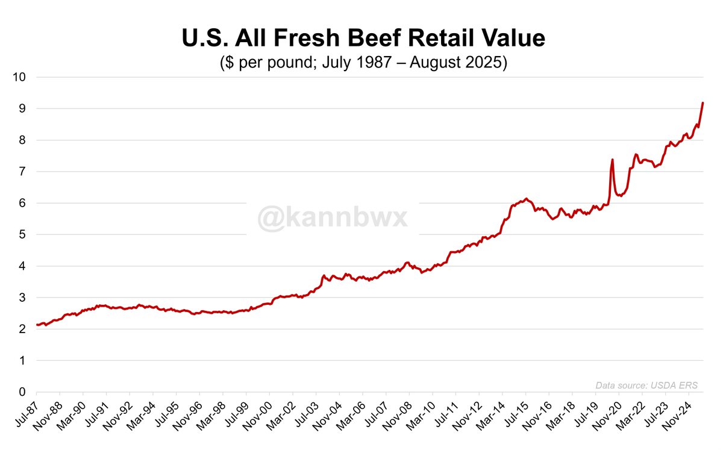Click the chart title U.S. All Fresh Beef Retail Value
coord(363,39)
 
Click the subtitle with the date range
coord(363,63)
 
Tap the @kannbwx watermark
coord(333,217)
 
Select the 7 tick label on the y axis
coord(23,172)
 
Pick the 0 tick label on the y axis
coord(23,392)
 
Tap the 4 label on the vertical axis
coord(23,266)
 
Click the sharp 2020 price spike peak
coord(612,160)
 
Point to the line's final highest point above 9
coord(703,103)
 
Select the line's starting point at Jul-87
coord(37,325)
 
